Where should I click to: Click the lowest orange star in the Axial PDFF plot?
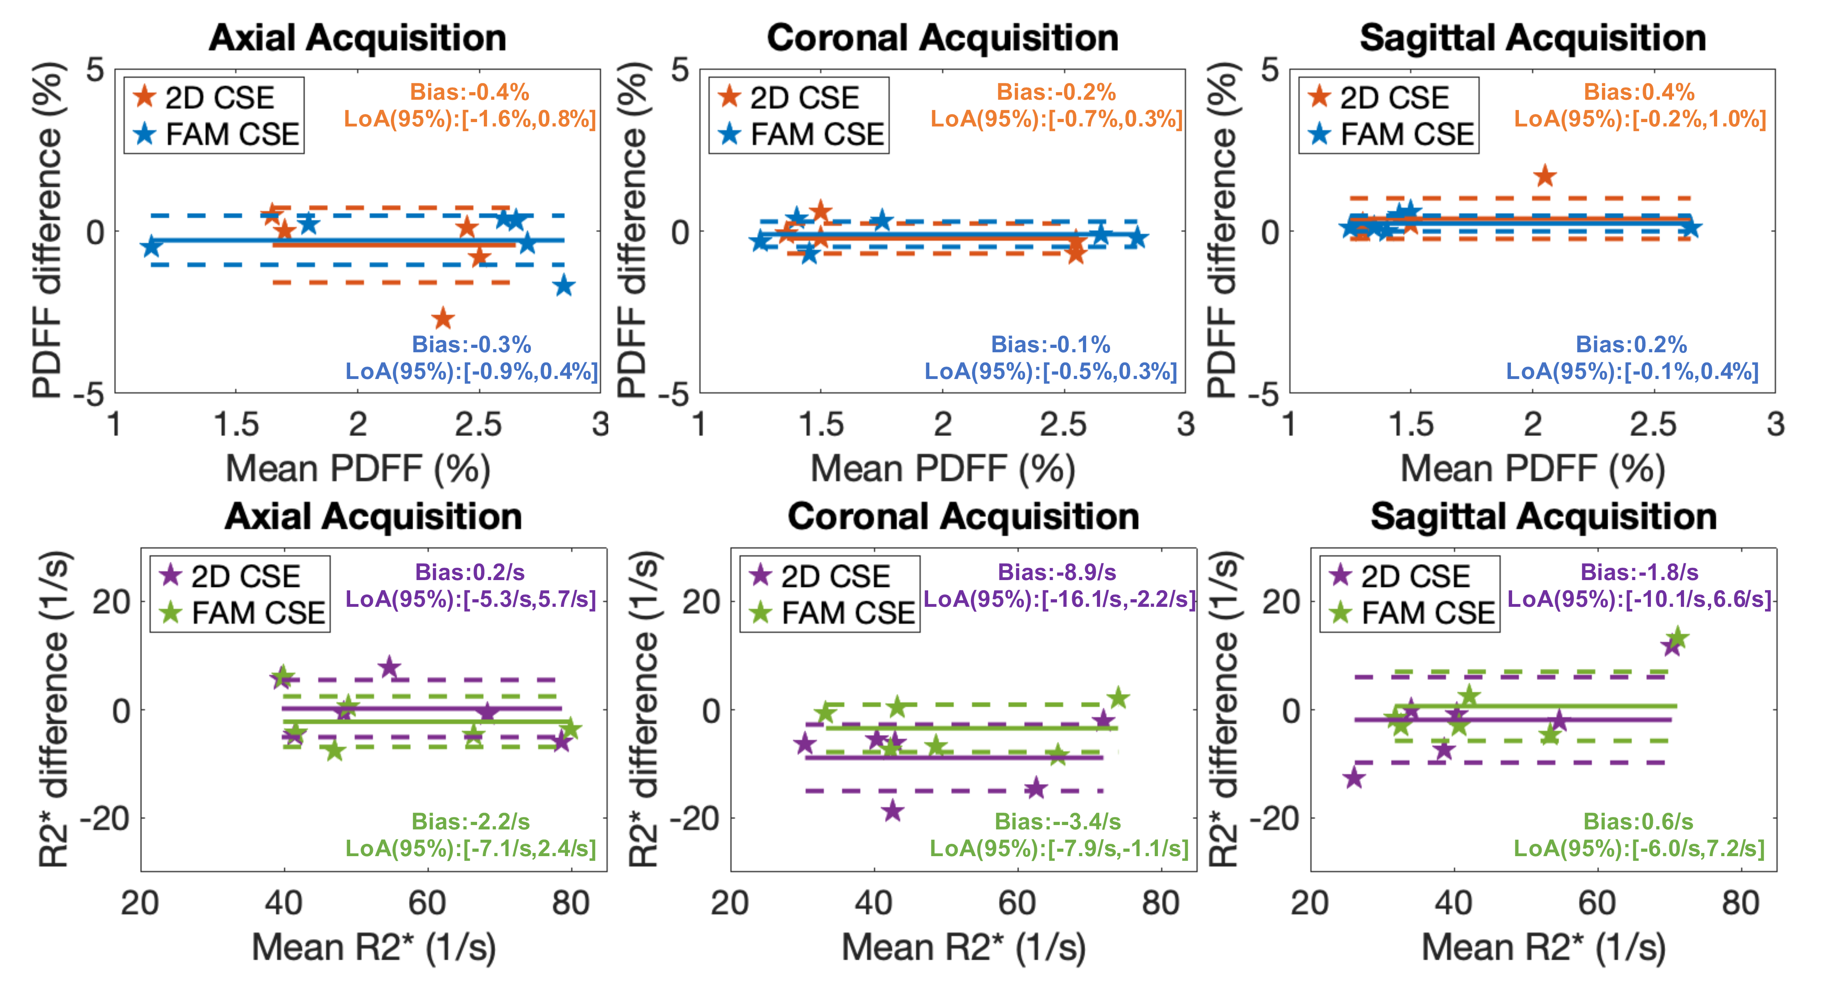pos(443,318)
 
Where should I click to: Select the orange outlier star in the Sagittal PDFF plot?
pos(1545,176)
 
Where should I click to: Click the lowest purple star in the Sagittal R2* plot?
pos(1353,778)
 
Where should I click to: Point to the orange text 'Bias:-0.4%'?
pos(469,92)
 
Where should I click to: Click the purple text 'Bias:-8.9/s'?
pos(1057,572)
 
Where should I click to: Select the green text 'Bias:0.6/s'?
pos(1638,821)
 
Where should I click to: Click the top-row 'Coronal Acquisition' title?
pos(943,38)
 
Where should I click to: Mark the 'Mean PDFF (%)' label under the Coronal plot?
pos(943,469)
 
